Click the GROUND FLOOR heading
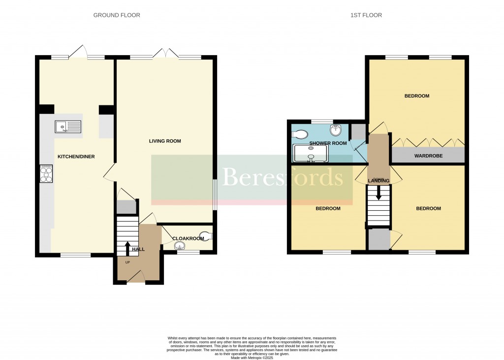pyautogui.click(x=117, y=15)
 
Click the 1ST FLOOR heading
pyautogui.click(x=366, y=15)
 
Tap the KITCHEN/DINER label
pyautogui.click(x=76, y=157)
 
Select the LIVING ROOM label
pyautogui.click(x=165, y=141)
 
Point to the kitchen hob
pyautogui.click(x=46, y=173)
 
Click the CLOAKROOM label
pyautogui.click(x=188, y=238)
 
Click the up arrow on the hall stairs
pyautogui.click(x=127, y=248)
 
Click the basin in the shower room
pyautogui.click(x=336, y=131)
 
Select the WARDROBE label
pyautogui.click(x=428, y=156)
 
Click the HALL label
pyautogui.click(x=138, y=250)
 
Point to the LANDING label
pyautogui.click(x=378, y=181)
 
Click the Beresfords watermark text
pyautogui.click(x=283, y=177)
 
